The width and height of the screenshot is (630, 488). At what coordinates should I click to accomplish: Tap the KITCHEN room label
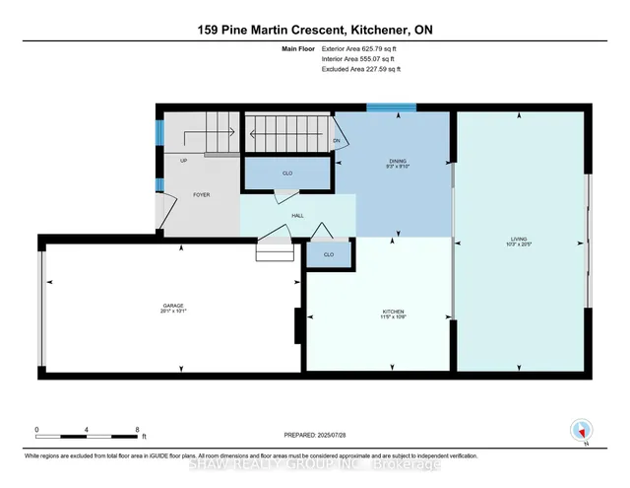click(x=394, y=314)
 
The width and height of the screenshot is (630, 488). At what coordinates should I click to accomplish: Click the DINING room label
click(x=397, y=162)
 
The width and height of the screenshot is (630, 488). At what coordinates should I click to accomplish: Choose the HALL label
click(x=296, y=215)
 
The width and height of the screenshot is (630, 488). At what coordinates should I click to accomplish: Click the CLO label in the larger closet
click(x=287, y=174)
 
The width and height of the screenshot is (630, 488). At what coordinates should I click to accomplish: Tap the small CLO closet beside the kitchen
click(x=329, y=255)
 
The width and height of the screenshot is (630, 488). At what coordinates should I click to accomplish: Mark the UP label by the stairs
click(x=183, y=161)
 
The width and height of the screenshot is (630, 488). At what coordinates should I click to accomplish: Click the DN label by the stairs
click(x=337, y=141)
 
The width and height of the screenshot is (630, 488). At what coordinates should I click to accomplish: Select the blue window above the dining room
click(x=391, y=107)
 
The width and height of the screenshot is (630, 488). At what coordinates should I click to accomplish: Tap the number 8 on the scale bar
click(x=139, y=430)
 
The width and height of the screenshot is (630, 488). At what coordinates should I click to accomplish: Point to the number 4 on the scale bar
click(x=88, y=430)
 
